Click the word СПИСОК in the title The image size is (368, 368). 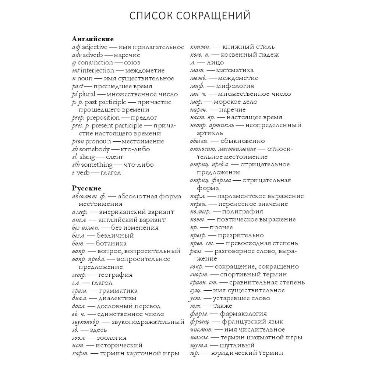[x=149, y=16]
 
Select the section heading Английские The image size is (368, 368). [x=93, y=39]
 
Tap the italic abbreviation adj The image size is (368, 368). [x=76, y=47]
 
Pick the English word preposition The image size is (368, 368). [x=103, y=118]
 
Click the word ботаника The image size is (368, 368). [x=111, y=243]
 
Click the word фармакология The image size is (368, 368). [x=243, y=314]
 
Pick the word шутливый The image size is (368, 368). [x=237, y=346]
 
